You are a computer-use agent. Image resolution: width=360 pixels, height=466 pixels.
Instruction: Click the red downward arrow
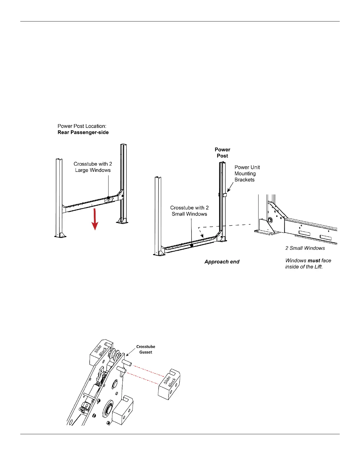click(95, 220)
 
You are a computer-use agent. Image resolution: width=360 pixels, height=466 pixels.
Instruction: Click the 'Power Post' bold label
click(222, 153)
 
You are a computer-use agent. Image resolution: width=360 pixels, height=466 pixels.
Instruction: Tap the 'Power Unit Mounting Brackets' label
click(247, 174)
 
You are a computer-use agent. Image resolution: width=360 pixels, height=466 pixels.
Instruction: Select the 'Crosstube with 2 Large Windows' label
click(93, 167)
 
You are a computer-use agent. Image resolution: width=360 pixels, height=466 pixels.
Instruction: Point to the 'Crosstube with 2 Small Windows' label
click(189, 211)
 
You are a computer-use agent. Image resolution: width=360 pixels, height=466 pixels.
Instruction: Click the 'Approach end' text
click(222, 262)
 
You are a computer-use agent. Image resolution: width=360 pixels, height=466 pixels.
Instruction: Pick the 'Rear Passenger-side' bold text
click(83, 132)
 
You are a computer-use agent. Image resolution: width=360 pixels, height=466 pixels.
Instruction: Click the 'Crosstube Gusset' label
click(146, 349)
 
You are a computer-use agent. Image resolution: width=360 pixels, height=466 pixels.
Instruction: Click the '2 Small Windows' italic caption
click(305, 248)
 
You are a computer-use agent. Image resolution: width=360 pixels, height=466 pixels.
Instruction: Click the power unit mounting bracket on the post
click(225, 195)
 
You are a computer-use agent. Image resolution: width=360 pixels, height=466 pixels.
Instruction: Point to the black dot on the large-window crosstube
click(108, 198)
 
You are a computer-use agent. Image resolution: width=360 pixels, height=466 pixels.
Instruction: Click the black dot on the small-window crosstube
click(191, 245)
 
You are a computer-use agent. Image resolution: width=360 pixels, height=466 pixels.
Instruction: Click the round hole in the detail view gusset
click(270, 220)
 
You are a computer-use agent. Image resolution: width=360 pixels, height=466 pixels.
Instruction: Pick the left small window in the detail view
click(304, 234)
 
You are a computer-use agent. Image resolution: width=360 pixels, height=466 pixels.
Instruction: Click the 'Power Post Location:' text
click(82, 126)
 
